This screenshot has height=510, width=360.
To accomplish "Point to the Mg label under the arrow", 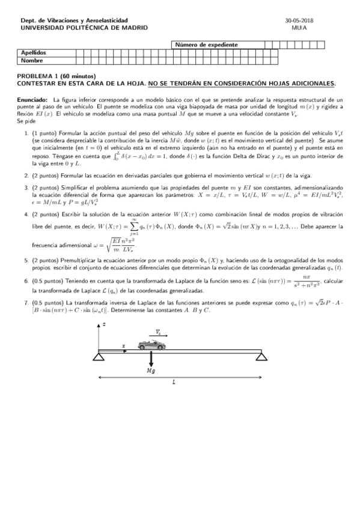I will pyautogui.click(x=151, y=372).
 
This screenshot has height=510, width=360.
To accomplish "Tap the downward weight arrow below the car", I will pyautogui.click(x=151, y=360).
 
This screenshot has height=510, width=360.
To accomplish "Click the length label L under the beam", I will pyautogui.click(x=174, y=382).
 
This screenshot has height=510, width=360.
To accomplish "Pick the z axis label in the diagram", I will pyautogui.click(x=104, y=325).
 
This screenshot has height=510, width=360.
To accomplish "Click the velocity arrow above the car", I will pyautogui.click(x=157, y=335).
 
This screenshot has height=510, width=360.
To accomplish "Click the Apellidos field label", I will pyautogui.click(x=34, y=53).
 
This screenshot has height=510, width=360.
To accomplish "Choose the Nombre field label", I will pyautogui.click(x=31, y=60).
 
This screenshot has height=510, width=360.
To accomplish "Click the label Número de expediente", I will pyautogui.click(x=207, y=45).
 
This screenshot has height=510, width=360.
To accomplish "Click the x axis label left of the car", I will pyautogui.click(x=123, y=345).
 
